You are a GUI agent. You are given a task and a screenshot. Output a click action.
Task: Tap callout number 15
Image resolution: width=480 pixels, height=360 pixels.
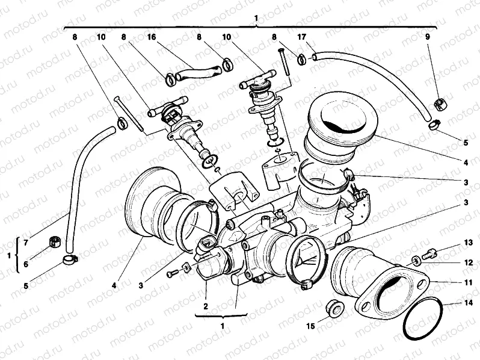tap(310, 326)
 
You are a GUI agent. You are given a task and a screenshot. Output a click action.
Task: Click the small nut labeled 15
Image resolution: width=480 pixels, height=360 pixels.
tap(333, 308)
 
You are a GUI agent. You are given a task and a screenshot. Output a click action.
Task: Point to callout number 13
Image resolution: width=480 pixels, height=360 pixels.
tap(469, 243)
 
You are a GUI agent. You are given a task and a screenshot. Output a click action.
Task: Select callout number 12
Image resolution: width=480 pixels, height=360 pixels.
tap(469, 262)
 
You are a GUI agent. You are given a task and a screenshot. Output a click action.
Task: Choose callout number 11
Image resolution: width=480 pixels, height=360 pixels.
tap(469, 282)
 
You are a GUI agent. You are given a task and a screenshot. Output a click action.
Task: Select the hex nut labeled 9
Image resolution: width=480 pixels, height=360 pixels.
tap(439, 105)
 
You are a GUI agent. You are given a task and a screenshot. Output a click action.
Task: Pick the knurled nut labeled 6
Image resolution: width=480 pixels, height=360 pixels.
tap(54, 243)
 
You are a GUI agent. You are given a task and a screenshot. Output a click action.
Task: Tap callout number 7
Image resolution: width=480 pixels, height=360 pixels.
tap(25, 243)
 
